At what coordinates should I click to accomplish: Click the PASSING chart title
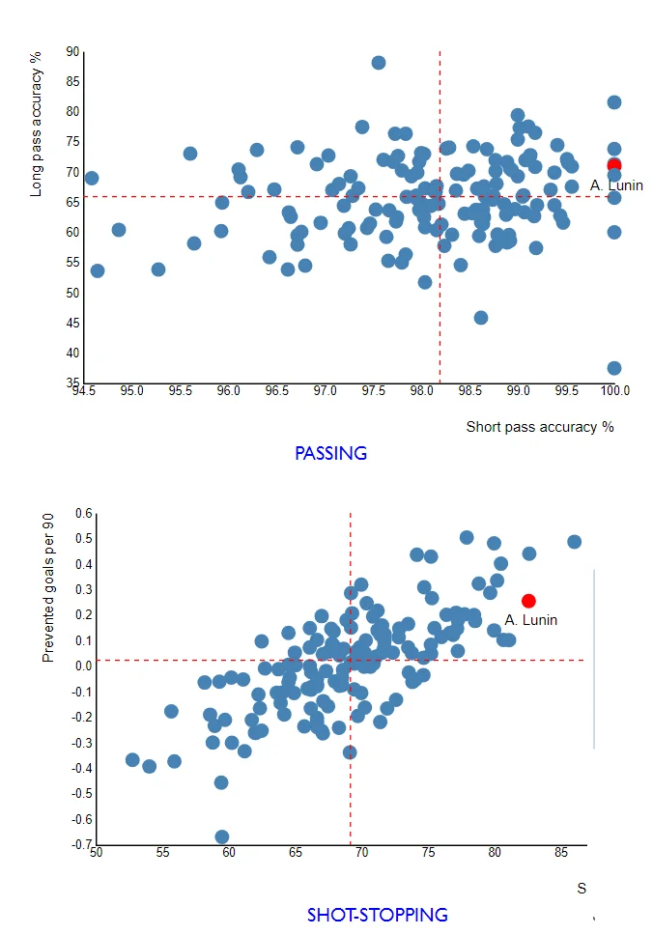click(330, 453)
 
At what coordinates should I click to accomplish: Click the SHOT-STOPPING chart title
click(377, 914)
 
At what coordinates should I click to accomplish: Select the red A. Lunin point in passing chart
click(613, 166)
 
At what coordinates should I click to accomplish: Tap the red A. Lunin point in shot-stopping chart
click(528, 601)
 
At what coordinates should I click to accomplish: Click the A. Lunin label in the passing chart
click(616, 185)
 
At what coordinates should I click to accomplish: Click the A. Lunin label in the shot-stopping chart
click(530, 620)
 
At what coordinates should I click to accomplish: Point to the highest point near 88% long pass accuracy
click(379, 63)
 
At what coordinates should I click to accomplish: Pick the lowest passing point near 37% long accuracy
click(613, 368)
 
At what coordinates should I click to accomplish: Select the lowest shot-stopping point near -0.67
click(221, 836)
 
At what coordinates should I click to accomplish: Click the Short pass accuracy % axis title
click(540, 426)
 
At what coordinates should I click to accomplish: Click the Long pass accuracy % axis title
click(37, 126)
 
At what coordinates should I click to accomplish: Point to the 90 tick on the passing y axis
click(73, 51)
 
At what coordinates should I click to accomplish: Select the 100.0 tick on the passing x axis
click(614, 391)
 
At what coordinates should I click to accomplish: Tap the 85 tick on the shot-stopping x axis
click(561, 852)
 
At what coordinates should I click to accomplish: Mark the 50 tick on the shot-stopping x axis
click(96, 852)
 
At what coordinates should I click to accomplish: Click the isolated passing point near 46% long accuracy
click(481, 318)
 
